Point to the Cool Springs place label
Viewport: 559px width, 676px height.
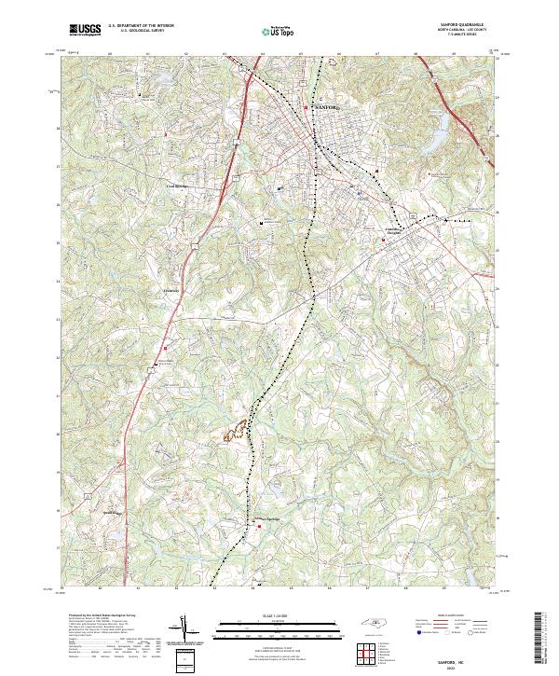[177, 186]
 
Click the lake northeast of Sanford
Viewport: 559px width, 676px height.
[430, 140]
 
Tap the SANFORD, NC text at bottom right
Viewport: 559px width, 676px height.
[455, 658]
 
